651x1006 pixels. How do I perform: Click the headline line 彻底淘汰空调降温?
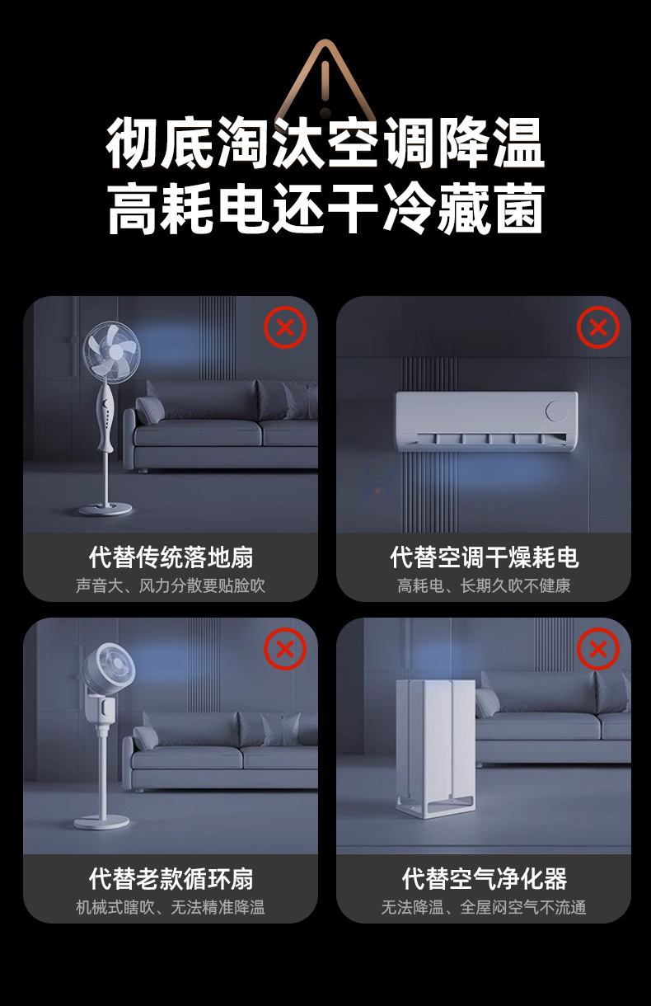click(325, 143)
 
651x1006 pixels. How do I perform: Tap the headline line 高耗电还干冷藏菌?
click(325, 209)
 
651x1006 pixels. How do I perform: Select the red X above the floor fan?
click(285, 327)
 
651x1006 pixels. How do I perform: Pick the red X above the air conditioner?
click(598, 327)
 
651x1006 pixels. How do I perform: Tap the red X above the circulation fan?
click(285, 649)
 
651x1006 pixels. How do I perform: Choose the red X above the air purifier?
click(598, 649)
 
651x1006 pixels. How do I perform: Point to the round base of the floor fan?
click(105, 508)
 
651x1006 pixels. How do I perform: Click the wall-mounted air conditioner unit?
click(486, 421)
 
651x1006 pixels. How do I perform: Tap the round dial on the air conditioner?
click(557, 411)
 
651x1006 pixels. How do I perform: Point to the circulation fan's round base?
click(101, 821)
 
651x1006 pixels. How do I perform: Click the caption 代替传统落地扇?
click(171, 557)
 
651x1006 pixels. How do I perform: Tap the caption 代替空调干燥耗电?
click(484, 557)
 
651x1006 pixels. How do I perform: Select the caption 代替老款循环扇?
click(171, 879)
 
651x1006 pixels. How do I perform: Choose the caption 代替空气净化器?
click(484, 879)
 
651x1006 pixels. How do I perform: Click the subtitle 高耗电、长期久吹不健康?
click(484, 586)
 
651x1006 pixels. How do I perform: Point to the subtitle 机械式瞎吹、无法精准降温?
click(171, 908)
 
